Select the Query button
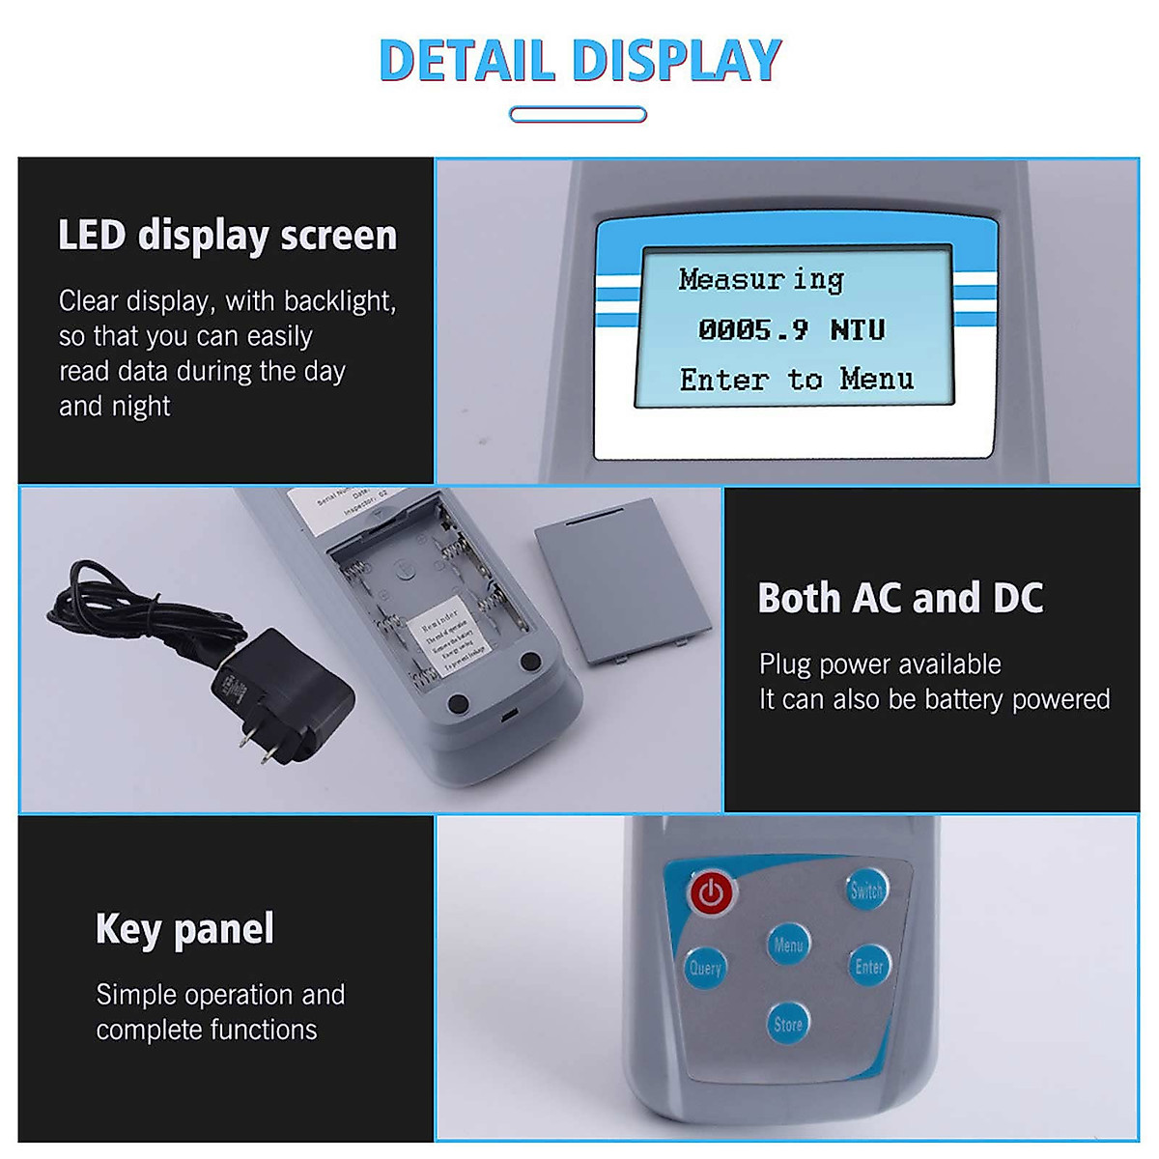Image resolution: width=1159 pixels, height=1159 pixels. pyautogui.click(x=705, y=967)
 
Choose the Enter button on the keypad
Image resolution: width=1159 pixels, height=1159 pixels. pyautogui.click(x=868, y=966)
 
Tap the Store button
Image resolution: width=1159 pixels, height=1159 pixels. pyautogui.click(x=788, y=1024)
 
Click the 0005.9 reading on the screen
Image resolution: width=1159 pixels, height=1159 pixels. pyautogui.click(x=752, y=329)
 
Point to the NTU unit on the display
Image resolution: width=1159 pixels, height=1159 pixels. pyautogui.click(x=858, y=329)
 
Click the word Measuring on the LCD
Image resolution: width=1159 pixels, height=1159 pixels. pyautogui.click(x=761, y=279)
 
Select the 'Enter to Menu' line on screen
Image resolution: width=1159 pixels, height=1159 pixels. pyautogui.click(x=796, y=379)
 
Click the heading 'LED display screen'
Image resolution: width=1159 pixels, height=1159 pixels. pyautogui.click(x=227, y=236)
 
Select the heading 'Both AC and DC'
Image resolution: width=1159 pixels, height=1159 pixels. pyautogui.click(x=900, y=598)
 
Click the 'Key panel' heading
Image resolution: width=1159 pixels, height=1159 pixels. pyautogui.click(x=184, y=928)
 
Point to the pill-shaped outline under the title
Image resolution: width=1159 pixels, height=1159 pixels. pyautogui.click(x=578, y=115)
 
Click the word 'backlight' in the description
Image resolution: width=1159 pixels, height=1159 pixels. pyautogui.click(x=335, y=301)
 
